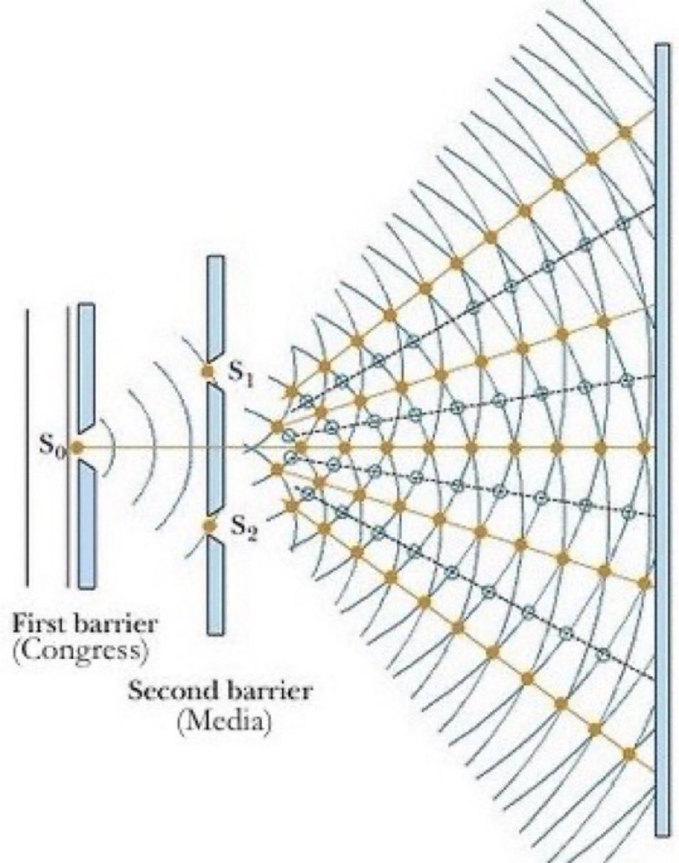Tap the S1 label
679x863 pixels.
pos(240,373)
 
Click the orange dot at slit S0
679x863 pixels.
pos(76,447)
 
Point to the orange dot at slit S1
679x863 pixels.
pos(209,372)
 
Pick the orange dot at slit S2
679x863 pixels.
pos(209,526)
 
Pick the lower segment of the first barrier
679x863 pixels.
pos(86,527)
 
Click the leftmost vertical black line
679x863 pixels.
pos(27,447)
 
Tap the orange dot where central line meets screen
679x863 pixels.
pos(645,447)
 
